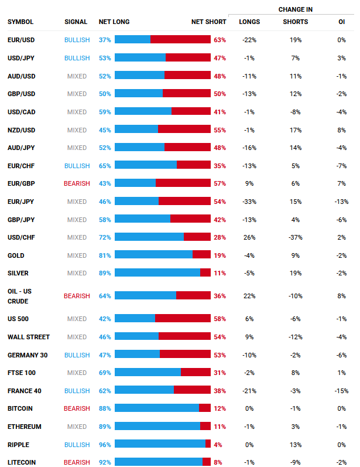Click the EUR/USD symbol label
[x=21, y=40]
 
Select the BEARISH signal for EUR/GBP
[x=77, y=183]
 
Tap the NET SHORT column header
[x=208, y=22]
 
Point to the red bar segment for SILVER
[x=205, y=273]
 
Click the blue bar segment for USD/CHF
[x=149, y=237]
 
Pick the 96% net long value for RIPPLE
[x=105, y=445]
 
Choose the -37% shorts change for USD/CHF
[x=295, y=237]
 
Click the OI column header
[x=341, y=22]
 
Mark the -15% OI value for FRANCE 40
[x=341, y=391]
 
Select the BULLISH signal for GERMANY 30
[x=77, y=355]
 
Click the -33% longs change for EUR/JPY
[x=249, y=202]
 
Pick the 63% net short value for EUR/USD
[x=220, y=40]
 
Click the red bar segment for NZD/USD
[x=184, y=129]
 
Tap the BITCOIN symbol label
[x=20, y=408]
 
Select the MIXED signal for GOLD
[x=77, y=255]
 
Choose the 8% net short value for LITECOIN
[x=218, y=462]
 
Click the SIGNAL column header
[x=76, y=22]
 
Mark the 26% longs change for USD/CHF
[x=249, y=237]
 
